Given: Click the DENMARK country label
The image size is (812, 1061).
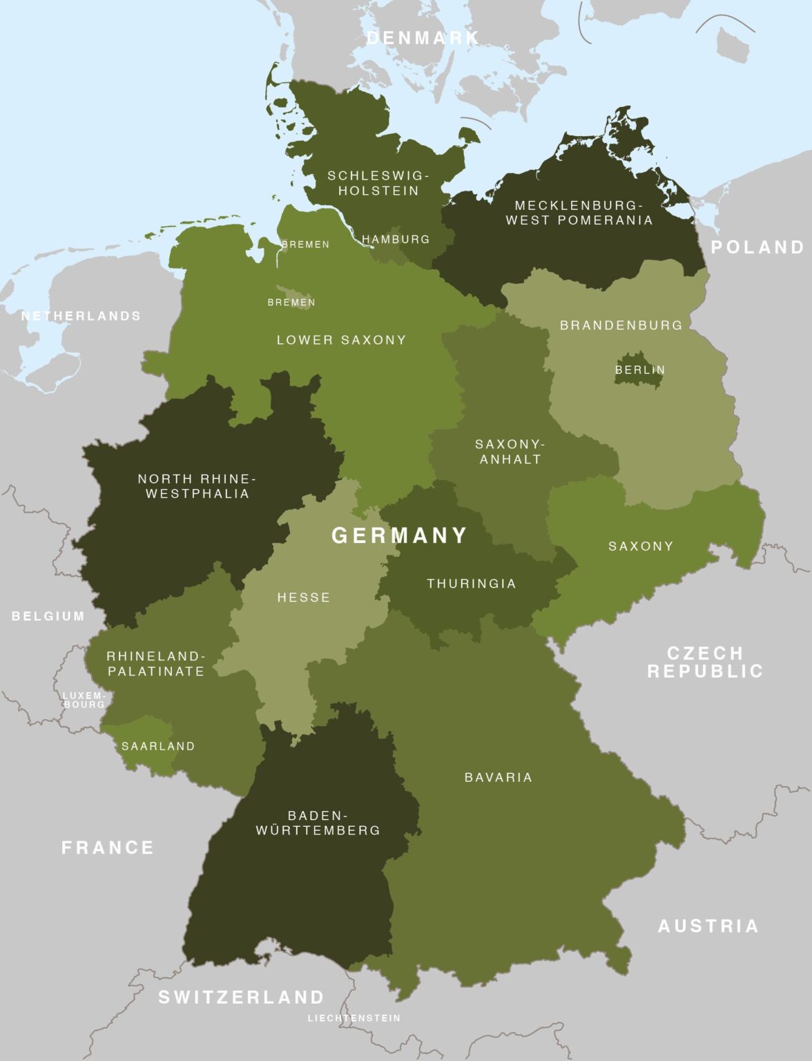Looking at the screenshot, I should pos(423,38).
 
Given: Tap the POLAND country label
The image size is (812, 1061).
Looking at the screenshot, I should pos(757,247).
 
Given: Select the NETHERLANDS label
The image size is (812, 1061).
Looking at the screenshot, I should pos(81,316).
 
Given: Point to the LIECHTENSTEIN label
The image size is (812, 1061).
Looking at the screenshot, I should pos(354,1017).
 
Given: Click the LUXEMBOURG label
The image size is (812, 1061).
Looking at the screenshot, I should pos(84,700).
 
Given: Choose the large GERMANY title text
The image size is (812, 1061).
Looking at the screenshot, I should pos(400,535).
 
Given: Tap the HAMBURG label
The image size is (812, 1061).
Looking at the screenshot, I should pos(396,239).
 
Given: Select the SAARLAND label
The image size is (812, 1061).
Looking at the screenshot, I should pos(158,746).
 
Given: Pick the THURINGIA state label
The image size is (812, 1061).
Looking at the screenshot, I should pos(472,584).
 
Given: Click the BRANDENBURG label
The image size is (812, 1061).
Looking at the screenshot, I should pos(621,325).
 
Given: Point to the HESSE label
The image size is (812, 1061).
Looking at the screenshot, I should pos(304,598).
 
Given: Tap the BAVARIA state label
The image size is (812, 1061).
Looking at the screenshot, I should pos(499,777).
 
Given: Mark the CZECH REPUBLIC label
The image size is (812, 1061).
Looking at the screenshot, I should pos(705,662).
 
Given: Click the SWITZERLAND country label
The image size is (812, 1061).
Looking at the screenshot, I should pos(241,997).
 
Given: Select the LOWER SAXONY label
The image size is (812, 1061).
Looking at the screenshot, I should pos(341,340).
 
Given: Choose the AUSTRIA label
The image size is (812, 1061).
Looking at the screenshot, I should pos(708,926).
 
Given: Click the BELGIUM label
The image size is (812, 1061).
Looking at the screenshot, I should pos(48,616).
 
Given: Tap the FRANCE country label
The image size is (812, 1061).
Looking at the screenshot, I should pos(108,848).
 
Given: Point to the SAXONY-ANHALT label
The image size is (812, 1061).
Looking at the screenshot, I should pos(510,451).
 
